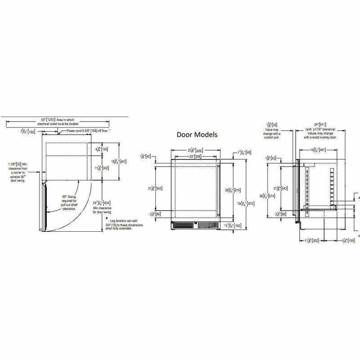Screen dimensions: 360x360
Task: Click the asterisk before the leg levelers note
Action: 107,218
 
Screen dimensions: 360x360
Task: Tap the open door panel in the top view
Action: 44,207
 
